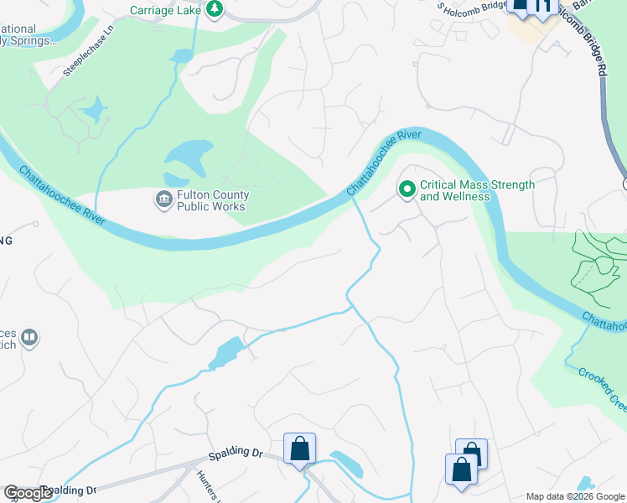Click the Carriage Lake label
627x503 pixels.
pyautogui.click(x=167, y=10)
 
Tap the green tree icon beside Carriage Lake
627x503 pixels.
pyautogui.click(x=215, y=8)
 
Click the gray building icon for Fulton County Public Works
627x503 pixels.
pyautogui.click(x=162, y=200)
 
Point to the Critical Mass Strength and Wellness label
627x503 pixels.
pyautogui.click(x=477, y=190)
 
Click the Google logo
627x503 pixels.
pyautogui.click(x=28, y=493)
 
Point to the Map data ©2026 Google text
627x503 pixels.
pyautogui.click(x=574, y=495)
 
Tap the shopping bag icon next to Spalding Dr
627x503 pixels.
pyautogui.click(x=299, y=449)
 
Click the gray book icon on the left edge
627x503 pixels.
pyautogui.click(x=28, y=338)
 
